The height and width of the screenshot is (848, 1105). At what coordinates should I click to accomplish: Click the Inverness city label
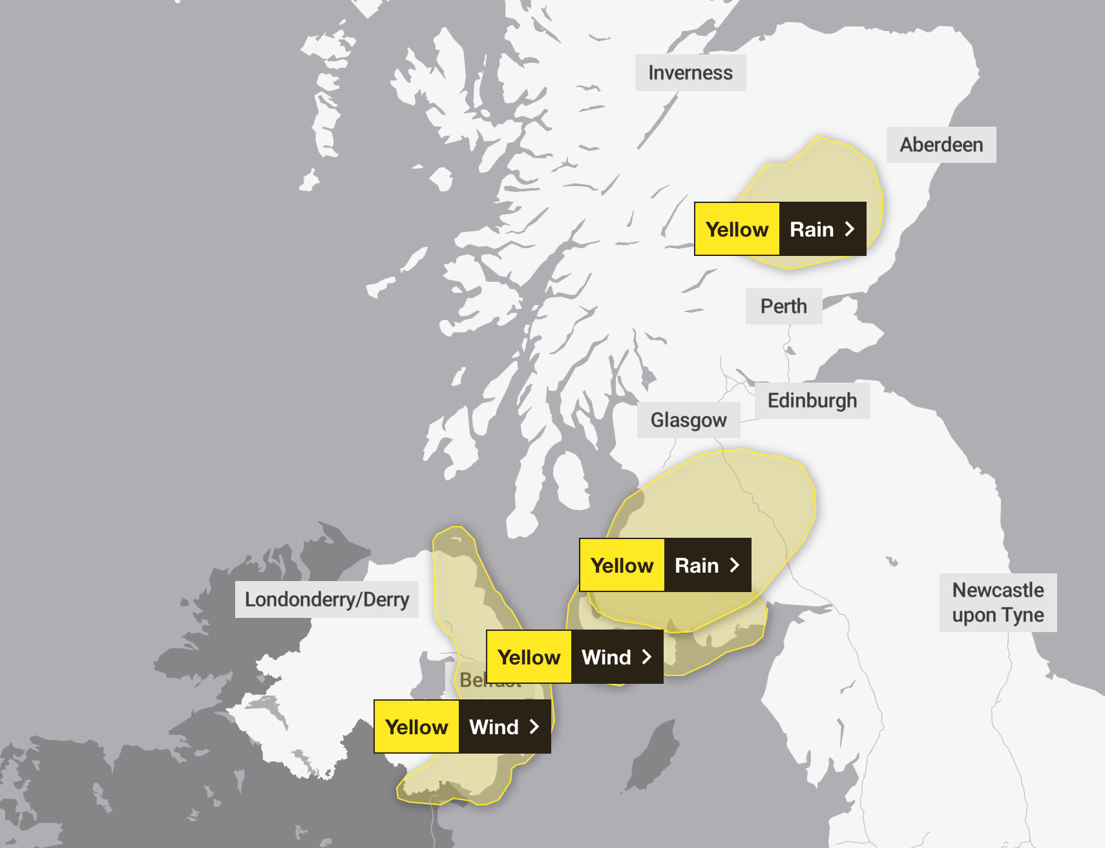pos(690,72)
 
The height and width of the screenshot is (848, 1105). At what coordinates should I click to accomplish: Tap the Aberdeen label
pos(941,145)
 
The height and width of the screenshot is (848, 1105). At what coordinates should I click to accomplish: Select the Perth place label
pos(783,306)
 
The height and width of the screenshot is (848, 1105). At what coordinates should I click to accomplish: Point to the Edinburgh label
pos(812,401)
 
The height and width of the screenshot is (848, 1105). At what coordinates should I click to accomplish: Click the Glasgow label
pos(688,420)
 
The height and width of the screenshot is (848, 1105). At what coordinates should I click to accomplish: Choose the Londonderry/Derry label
pos(326,600)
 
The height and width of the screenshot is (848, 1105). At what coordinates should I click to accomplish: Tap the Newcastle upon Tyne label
pos(998,602)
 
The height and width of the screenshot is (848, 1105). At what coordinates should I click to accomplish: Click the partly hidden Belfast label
pos(471,680)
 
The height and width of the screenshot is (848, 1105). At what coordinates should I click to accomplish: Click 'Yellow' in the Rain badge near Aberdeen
pos(737,229)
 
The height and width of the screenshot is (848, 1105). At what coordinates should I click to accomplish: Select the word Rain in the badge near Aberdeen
pos(812,229)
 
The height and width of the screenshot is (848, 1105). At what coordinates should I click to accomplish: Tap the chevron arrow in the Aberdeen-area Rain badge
pos(850,229)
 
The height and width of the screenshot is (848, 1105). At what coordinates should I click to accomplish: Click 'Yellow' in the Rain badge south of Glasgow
pos(622,566)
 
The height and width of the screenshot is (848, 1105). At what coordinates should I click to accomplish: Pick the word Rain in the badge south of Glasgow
pos(697,566)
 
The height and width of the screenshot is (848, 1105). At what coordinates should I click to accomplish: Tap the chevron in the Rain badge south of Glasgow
pos(735,566)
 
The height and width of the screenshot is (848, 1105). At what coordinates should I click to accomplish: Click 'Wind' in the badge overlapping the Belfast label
pos(606,657)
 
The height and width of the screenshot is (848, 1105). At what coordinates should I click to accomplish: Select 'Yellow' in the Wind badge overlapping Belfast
pos(529,657)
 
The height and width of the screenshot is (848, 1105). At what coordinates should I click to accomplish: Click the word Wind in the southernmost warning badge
pos(494,727)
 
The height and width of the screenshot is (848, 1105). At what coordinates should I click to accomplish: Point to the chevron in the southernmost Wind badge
pos(534,727)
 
